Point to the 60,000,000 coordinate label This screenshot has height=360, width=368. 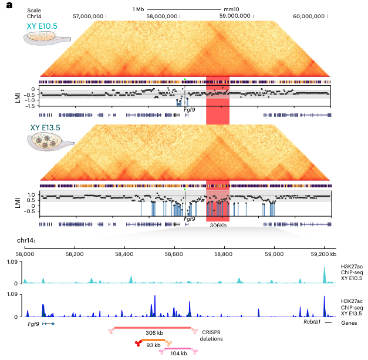pos(309,16)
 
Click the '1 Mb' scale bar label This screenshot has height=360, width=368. pos(138,9)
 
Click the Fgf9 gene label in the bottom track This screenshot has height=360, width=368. pos(35,324)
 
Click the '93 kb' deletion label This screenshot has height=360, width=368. pos(153,345)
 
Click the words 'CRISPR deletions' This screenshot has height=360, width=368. pos(217,334)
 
